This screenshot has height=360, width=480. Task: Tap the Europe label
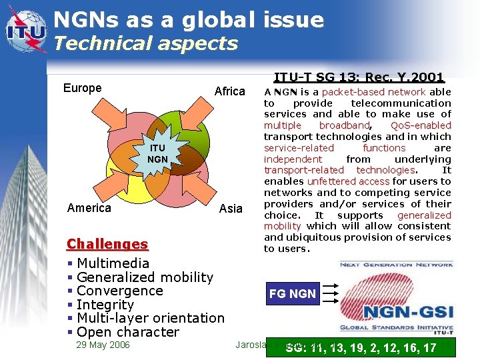coord(82,88)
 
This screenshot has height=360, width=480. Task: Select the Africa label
coord(229,91)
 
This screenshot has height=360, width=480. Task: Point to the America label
coord(89,208)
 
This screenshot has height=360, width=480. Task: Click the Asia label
coord(231,209)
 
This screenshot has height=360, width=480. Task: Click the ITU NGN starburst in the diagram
coord(157,154)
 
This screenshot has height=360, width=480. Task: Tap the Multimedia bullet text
coord(113,263)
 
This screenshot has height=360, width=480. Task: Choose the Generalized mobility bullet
coord(145,277)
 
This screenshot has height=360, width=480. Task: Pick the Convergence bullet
coord(119,291)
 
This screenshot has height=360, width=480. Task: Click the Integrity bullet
coord(105,305)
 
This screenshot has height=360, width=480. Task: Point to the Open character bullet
coord(127,332)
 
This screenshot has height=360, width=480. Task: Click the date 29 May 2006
coord(103,345)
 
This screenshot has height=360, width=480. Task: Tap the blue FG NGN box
coord(293,293)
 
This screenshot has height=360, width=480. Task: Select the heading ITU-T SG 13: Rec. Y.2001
coord(359,77)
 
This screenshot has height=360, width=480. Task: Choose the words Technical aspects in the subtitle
coord(145,44)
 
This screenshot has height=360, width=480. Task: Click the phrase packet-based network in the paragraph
coord(373,92)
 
